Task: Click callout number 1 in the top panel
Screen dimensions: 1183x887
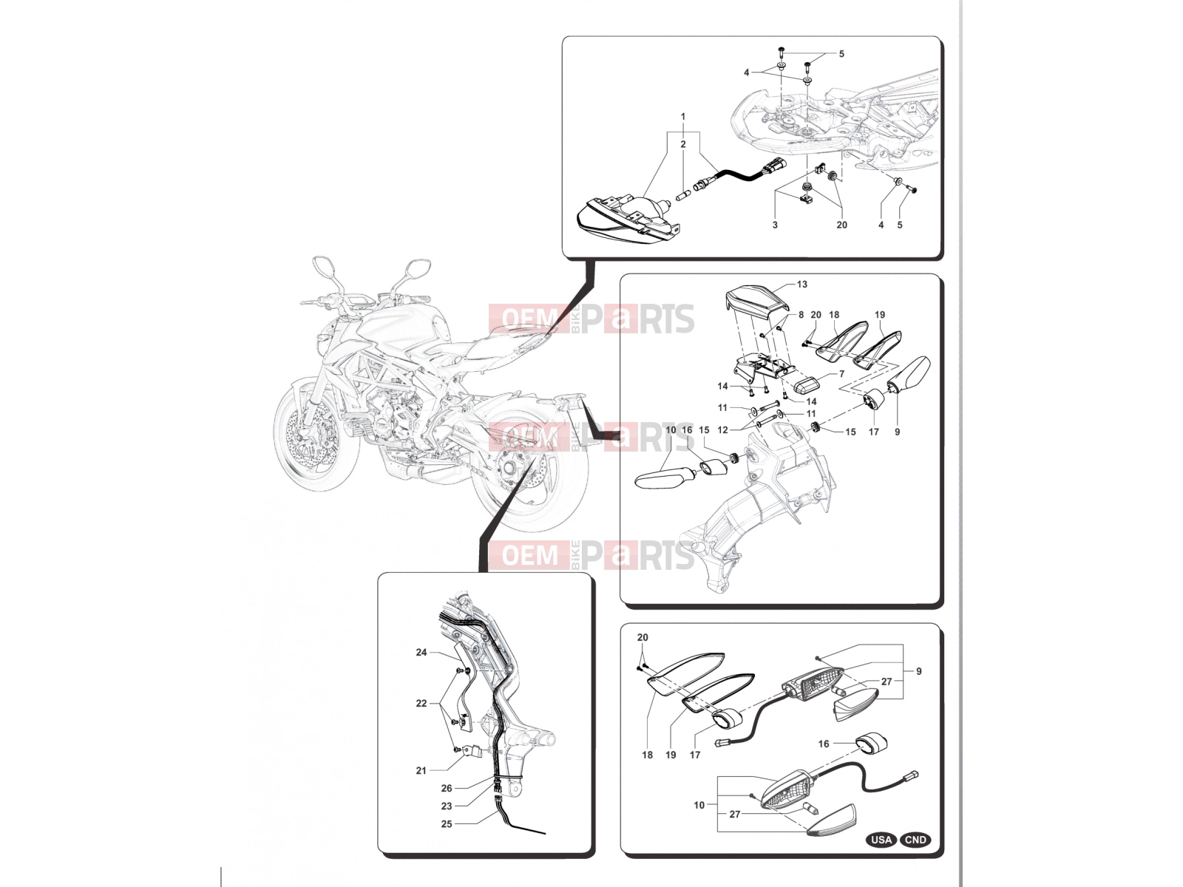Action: [x=683, y=116]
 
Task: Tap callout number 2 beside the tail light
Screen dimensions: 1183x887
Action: [x=683, y=144]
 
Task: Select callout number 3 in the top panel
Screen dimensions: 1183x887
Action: [x=775, y=225]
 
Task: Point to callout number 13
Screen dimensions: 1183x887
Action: [x=802, y=285]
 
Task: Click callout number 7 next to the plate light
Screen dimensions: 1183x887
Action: [x=842, y=374]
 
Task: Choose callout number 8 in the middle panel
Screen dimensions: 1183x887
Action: [x=801, y=315]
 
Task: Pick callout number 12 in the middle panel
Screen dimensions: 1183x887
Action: [x=722, y=429]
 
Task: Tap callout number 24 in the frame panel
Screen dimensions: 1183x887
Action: [x=421, y=652]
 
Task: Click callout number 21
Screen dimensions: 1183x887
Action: [x=421, y=771]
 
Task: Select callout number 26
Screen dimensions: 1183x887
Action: [x=447, y=789]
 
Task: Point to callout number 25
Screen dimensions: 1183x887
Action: [x=447, y=824]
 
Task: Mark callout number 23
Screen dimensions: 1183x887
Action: [x=447, y=806]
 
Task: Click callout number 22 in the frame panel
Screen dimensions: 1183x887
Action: [x=421, y=704]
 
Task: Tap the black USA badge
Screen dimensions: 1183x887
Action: [x=882, y=840]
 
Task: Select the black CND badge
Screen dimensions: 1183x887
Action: [x=915, y=840]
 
